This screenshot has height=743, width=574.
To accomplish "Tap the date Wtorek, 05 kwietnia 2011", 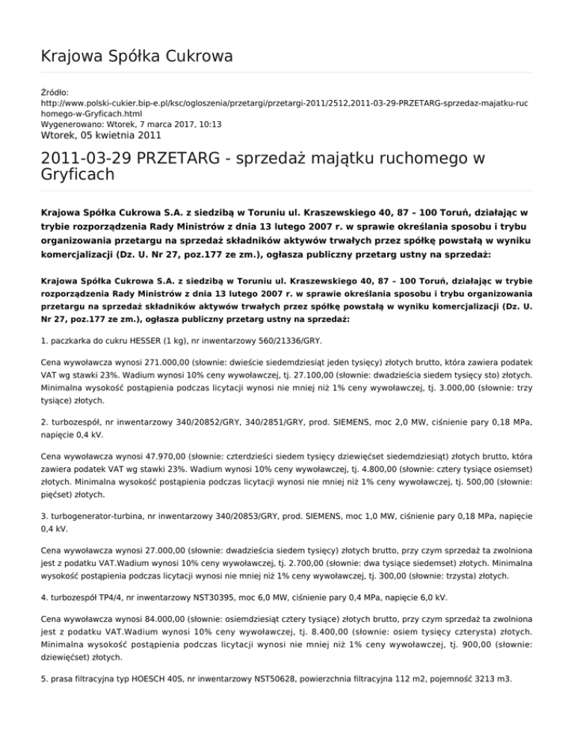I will click(101, 135).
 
